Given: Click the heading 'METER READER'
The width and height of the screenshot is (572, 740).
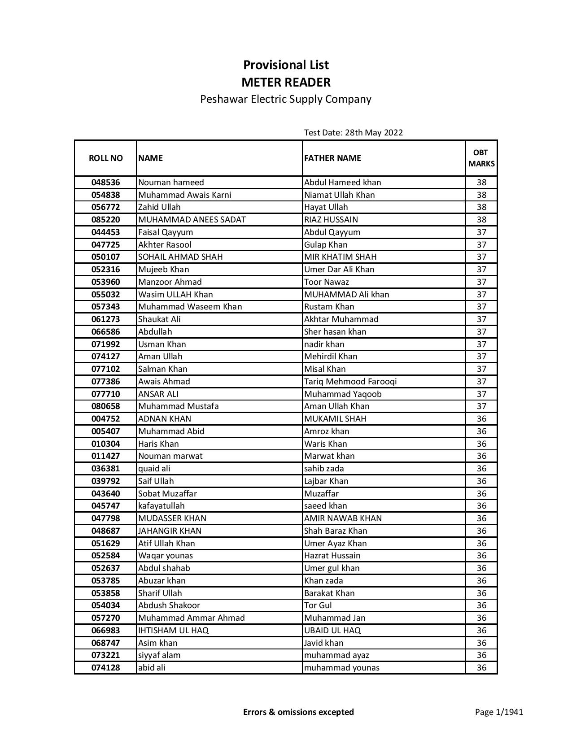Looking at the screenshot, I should click(x=286, y=83).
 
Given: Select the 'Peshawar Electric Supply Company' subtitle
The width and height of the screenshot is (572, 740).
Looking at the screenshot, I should click(x=286, y=99).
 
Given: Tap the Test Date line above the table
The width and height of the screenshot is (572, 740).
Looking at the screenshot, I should click(x=353, y=132).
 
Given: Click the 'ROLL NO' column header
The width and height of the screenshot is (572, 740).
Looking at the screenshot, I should click(x=105, y=158).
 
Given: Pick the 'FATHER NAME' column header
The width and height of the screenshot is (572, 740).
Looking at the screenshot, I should click(x=332, y=158).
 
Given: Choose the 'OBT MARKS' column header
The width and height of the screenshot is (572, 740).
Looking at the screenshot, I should click(x=481, y=158).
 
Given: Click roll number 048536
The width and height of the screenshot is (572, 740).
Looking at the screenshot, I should click(x=105, y=183).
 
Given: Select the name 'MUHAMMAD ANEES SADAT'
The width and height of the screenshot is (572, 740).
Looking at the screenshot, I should click(x=192, y=220).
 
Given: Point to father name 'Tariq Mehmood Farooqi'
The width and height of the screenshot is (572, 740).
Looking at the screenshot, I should click(x=350, y=382).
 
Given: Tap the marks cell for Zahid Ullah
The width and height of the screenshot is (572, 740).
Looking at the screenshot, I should click(x=481, y=207).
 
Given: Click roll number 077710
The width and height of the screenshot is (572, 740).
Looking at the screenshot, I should click(x=105, y=394).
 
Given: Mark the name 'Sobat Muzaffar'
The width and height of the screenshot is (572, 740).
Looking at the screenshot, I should click(x=167, y=494).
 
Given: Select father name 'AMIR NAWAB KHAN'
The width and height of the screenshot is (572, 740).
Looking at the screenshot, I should click(x=343, y=518).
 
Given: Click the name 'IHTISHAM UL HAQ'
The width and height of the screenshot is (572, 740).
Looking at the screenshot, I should click(x=173, y=631).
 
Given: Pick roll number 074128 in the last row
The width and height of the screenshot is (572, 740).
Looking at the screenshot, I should click(x=105, y=668).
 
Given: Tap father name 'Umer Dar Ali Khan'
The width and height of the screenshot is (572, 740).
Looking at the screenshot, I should click(x=339, y=270).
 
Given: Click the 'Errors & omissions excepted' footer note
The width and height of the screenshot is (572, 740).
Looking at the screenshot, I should click(x=298, y=712).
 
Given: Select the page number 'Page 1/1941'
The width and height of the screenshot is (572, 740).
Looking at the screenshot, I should click(x=499, y=712).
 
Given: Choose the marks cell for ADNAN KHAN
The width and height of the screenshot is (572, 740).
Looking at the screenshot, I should click(x=481, y=419).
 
